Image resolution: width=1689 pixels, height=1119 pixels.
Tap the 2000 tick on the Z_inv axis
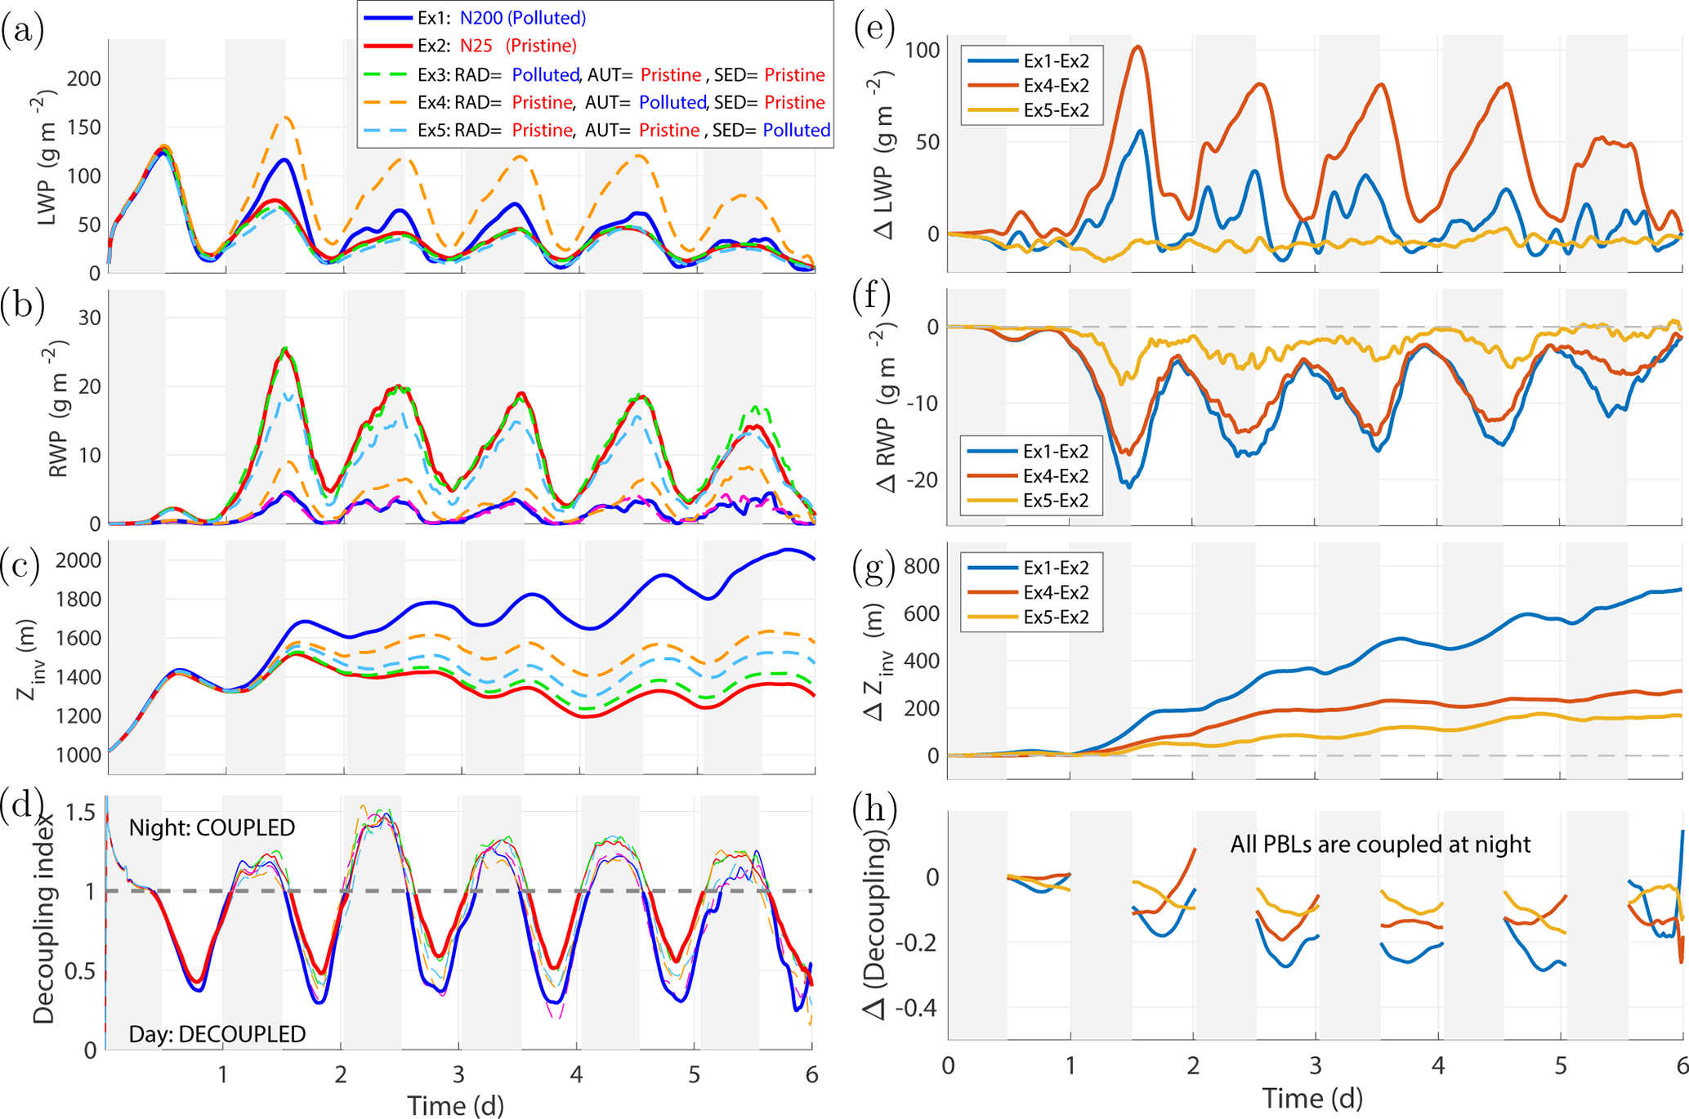coord(78,560)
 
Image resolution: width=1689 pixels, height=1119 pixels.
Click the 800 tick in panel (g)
coord(923,566)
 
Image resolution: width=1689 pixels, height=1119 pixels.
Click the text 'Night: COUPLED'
coord(212,827)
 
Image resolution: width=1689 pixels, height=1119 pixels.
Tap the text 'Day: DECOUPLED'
coord(217,1034)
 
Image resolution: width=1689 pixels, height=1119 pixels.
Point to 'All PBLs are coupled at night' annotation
coord(1379,844)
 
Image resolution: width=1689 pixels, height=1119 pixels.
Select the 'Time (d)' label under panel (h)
coord(1312,1098)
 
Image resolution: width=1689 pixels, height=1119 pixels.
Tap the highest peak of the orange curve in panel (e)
coord(1137,47)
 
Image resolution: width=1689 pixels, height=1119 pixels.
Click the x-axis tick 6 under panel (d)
coord(811,1074)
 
